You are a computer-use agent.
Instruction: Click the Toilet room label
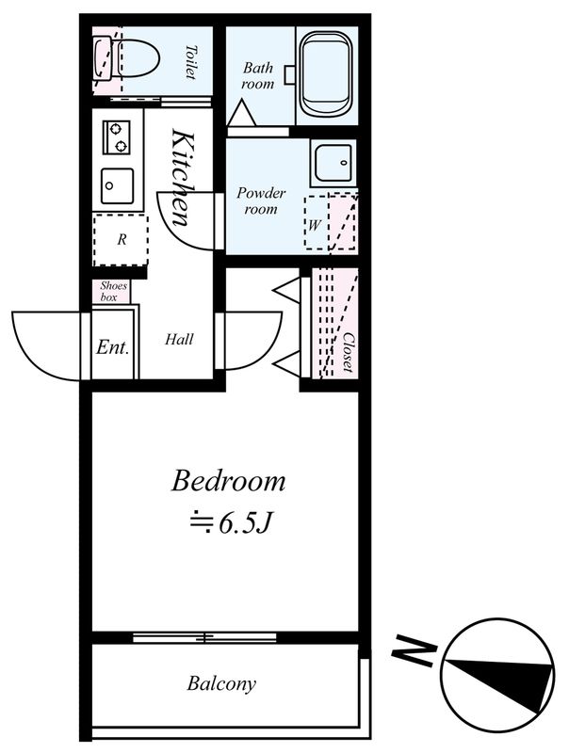click(x=191, y=62)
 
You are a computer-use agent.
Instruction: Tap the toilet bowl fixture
click(x=132, y=61)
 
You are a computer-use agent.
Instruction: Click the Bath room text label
click(x=257, y=75)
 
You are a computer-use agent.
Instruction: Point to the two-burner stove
click(x=117, y=137)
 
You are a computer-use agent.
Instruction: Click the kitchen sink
click(x=117, y=183)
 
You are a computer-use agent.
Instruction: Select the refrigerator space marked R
click(x=121, y=240)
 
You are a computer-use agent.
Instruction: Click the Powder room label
click(x=261, y=200)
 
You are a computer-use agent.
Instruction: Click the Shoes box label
click(x=113, y=291)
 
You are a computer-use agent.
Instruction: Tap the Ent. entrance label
click(x=112, y=346)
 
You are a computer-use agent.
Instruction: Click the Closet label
click(x=347, y=353)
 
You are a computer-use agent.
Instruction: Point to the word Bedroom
click(x=228, y=482)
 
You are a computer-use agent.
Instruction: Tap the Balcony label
click(x=220, y=683)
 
